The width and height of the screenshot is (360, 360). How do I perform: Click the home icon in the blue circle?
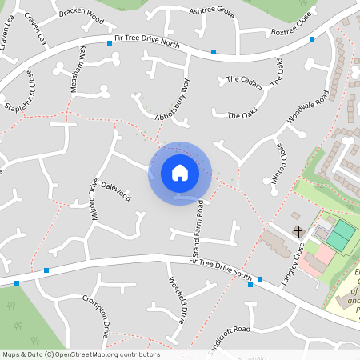click(180, 173)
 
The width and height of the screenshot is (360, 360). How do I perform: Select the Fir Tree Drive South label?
click(221, 269)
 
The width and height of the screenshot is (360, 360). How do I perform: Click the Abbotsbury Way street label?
click(174, 100)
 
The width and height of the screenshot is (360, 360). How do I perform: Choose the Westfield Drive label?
click(177, 300)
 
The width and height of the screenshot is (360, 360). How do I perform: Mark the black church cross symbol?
click(298, 232)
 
